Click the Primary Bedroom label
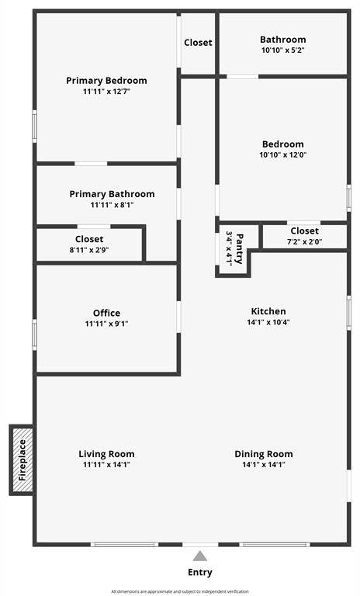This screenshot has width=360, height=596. pyautogui.click(x=106, y=81)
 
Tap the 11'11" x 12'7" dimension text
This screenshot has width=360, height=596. pyautogui.click(x=106, y=92)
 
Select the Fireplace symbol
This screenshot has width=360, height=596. pyautogui.click(x=22, y=460)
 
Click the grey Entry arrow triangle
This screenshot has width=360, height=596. pyautogui.click(x=200, y=556)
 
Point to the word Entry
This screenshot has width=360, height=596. pyautogui.click(x=200, y=573)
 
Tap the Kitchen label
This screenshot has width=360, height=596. pyautogui.click(x=268, y=311)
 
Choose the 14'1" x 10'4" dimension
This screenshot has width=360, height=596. pyautogui.click(x=268, y=322)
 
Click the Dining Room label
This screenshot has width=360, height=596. pyautogui.click(x=264, y=454)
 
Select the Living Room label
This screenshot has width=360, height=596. pyautogui.click(x=106, y=454)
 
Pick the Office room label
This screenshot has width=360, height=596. pyautogui.click(x=106, y=314)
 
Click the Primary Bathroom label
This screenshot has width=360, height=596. pyautogui.click(x=112, y=194)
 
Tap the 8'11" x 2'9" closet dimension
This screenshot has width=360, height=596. pyautogui.click(x=89, y=250)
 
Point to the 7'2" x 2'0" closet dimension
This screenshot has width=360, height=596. pyautogui.click(x=304, y=241)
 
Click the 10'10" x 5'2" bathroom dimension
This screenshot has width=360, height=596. pyautogui.click(x=282, y=50)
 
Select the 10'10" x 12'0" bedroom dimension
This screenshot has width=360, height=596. pyautogui.click(x=282, y=154)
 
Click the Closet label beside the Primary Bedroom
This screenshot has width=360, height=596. pyautogui.click(x=198, y=43)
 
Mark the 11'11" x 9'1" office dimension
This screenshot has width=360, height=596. pyautogui.click(x=106, y=324)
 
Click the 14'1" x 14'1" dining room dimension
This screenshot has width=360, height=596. pyautogui.click(x=264, y=465)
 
